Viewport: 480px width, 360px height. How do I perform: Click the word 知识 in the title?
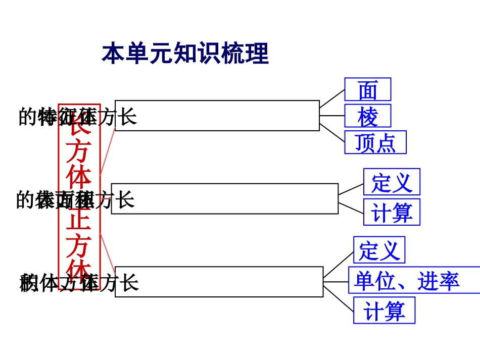point(197,54)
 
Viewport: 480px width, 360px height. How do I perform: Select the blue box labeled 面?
point(367,89)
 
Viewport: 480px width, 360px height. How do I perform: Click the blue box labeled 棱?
point(367,116)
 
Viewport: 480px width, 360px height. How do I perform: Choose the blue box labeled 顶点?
point(375,142)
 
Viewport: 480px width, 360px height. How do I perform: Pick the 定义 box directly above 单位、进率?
point(379,250)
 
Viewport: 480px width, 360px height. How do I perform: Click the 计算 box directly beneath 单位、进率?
point(384,310)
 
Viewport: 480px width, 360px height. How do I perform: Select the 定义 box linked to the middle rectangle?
point(392,182)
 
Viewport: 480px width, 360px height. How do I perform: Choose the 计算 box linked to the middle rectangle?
point(392,212)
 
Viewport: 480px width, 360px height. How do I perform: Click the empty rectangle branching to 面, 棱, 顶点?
point(217,116)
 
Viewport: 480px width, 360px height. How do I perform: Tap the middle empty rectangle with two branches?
point(225,198)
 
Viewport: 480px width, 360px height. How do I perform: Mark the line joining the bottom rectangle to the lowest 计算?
point(339,299)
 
